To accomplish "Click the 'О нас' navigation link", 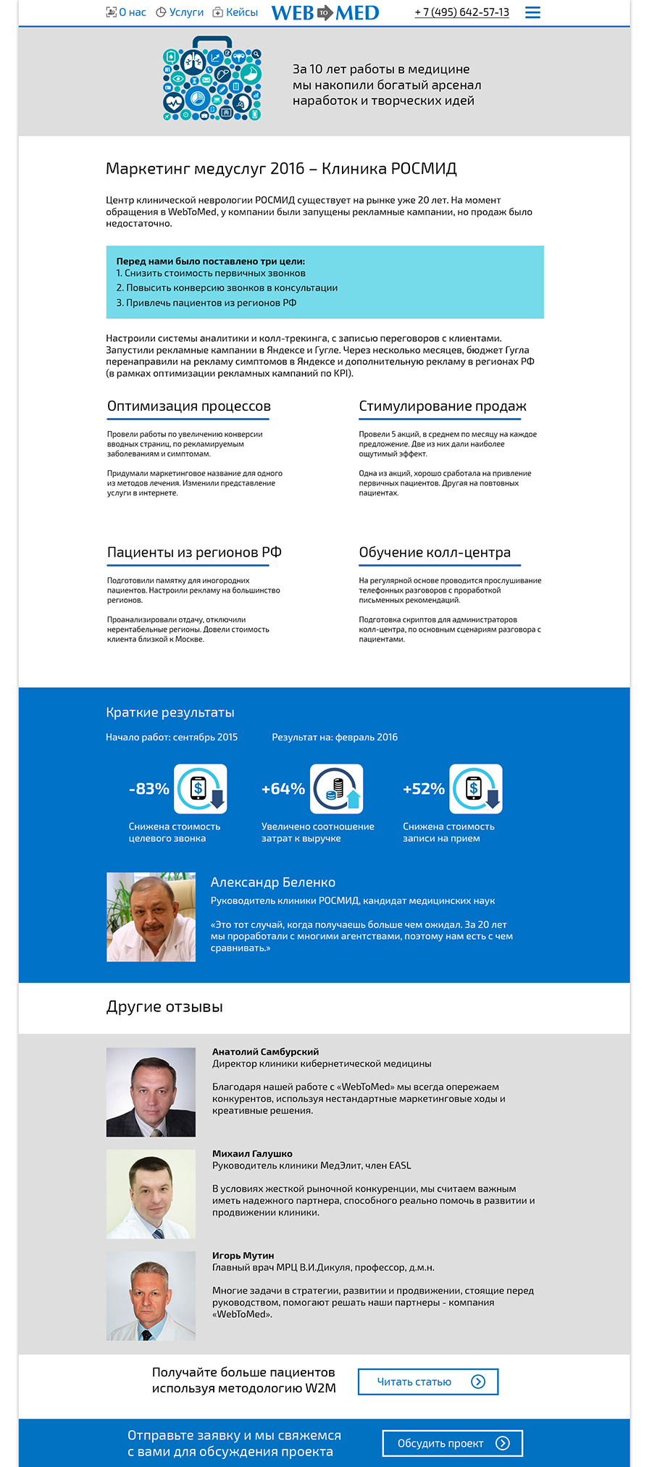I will (127, 12).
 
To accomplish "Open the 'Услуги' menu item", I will (180, 12).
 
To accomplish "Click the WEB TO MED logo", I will (325, 13).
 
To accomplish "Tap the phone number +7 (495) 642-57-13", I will (461, 12).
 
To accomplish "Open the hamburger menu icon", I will (532, 12).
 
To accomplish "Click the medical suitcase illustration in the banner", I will (212, 80).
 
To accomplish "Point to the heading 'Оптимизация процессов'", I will (188, 406).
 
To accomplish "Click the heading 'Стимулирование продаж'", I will (443, 406).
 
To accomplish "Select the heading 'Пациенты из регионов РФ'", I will (194, 553).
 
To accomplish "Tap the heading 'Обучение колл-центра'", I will (435, 553).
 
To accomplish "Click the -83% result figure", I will (149, 789).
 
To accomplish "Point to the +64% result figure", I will (283, 789).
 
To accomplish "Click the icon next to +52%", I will (476, 789).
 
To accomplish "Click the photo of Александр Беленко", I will (151, 917).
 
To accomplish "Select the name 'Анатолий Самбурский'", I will (265, 1052).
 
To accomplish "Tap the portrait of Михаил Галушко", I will (151, 1194).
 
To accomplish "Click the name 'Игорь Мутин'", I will (243, 1255).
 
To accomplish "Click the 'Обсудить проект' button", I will (452, 1443).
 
